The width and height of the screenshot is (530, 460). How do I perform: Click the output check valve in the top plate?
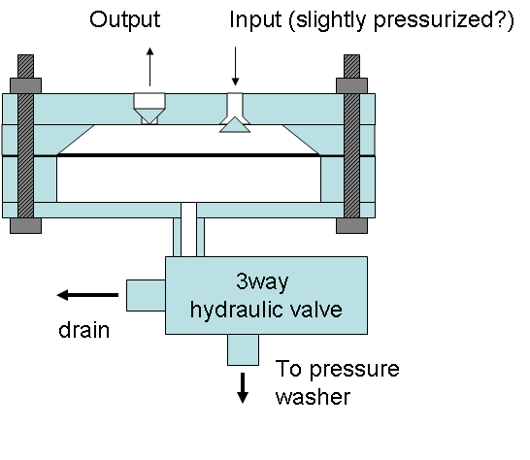pyautogui.click(x=149, y=107)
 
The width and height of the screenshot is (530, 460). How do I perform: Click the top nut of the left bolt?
pyautogui.click(x=26, y=71)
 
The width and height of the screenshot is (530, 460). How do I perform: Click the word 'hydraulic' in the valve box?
pyautogui.click(x=238, y=311)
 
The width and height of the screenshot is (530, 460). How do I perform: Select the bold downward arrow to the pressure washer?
pyautogui.click(x=243, y=387)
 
